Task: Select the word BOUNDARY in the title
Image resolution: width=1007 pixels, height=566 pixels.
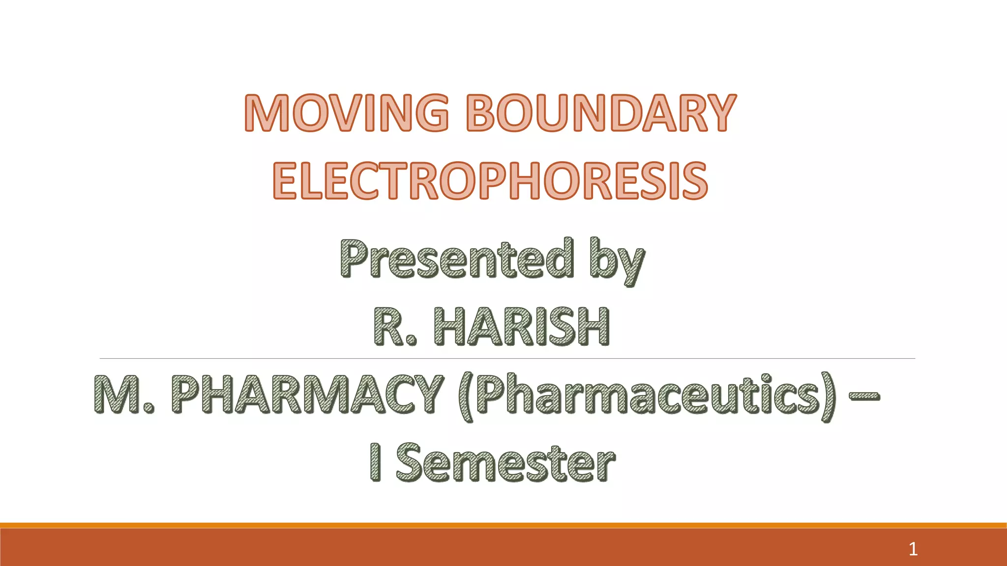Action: [x=601, y=113]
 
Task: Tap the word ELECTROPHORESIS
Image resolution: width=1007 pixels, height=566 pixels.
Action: [x=490, y=181]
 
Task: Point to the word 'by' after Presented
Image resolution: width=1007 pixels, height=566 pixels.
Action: [x=617, y=260]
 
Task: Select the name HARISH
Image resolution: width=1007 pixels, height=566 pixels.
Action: [x=521, y=326]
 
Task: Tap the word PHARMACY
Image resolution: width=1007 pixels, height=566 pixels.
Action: [x=307, y=394]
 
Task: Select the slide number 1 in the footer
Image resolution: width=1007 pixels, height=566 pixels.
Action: [x=913, y=549]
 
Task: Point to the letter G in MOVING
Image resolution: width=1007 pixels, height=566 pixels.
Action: [x=429, y=113]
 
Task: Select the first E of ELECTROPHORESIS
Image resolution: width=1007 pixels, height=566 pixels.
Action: [x=286, y=181]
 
